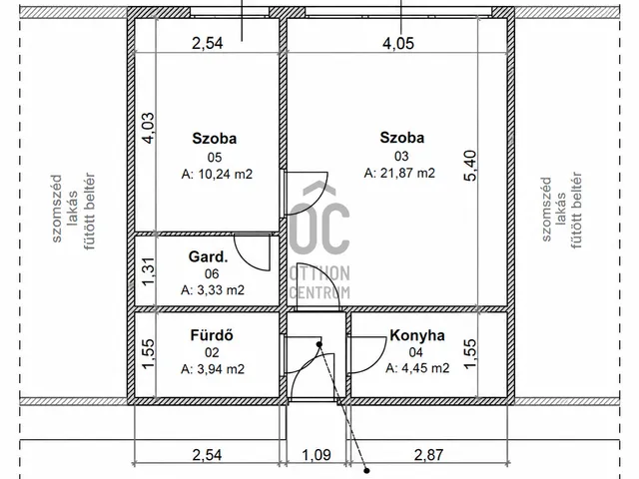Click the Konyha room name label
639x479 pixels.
[x=417, y=335]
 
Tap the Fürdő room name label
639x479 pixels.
[x=212, y=335]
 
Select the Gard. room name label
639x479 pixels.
[x=209, y=256]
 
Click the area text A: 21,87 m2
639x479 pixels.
[x=399, y=173]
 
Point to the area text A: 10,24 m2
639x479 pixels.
[x=217, y=175]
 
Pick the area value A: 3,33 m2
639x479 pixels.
[x=213, y=290]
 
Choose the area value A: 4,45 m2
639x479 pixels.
[x=417, y=368]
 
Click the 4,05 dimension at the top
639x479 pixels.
[x=398, y=43]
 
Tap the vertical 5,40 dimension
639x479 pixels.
[x=470, y=166]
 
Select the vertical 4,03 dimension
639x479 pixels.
[x=148, y=128]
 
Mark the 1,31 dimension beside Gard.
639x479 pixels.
[x=149, y=271]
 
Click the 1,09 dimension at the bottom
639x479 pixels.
[x=317, y=455]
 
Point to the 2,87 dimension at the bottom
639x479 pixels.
[x=428, y=455]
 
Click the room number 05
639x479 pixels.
[x=215, y=158]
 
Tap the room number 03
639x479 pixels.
[x=401, y=156]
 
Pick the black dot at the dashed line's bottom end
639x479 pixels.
[x=366, y=470]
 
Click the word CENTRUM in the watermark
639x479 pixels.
[x=319, y=292]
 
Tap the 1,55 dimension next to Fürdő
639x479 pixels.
[x=149, y=353]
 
